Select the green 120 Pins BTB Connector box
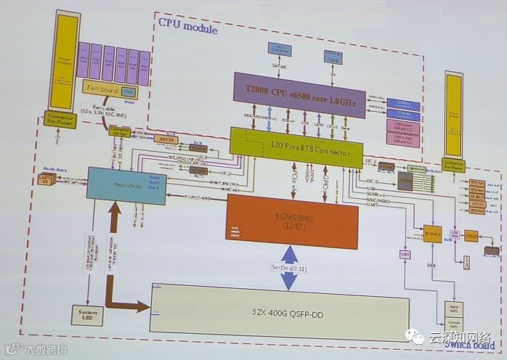click(296, 143)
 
